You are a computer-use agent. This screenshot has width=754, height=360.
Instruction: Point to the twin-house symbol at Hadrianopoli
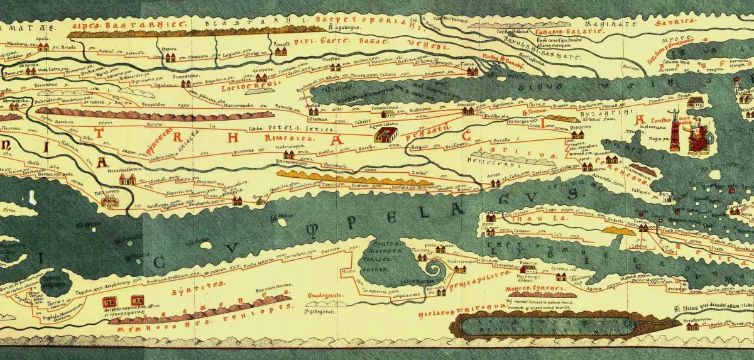click(x=290, y=154)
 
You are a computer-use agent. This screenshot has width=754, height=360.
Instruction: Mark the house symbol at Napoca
click(x=170, y=58)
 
